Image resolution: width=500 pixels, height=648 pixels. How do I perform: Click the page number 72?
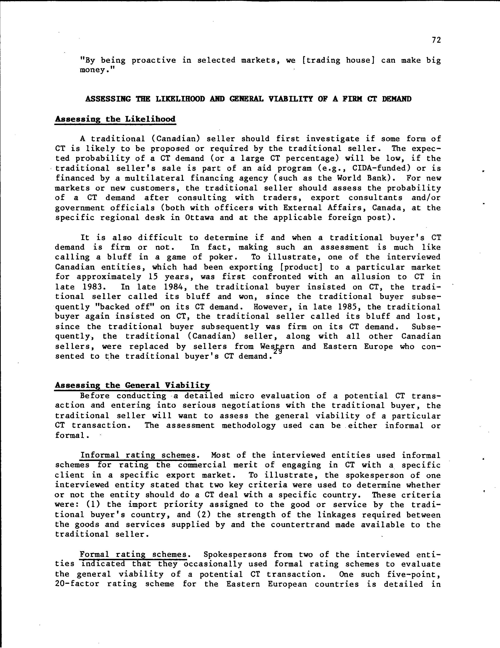(x=436, y=40)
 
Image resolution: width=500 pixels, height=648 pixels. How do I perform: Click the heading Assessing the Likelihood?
(x=115, y=119)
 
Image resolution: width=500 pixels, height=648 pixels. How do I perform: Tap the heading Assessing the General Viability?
(x=132, y=385)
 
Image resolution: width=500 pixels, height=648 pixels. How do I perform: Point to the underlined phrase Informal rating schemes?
(x=138, y=455)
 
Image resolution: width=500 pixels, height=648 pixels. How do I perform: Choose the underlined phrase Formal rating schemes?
(x=133, y=554)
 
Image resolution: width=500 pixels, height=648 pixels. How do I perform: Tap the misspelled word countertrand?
(x=300, y=525)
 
